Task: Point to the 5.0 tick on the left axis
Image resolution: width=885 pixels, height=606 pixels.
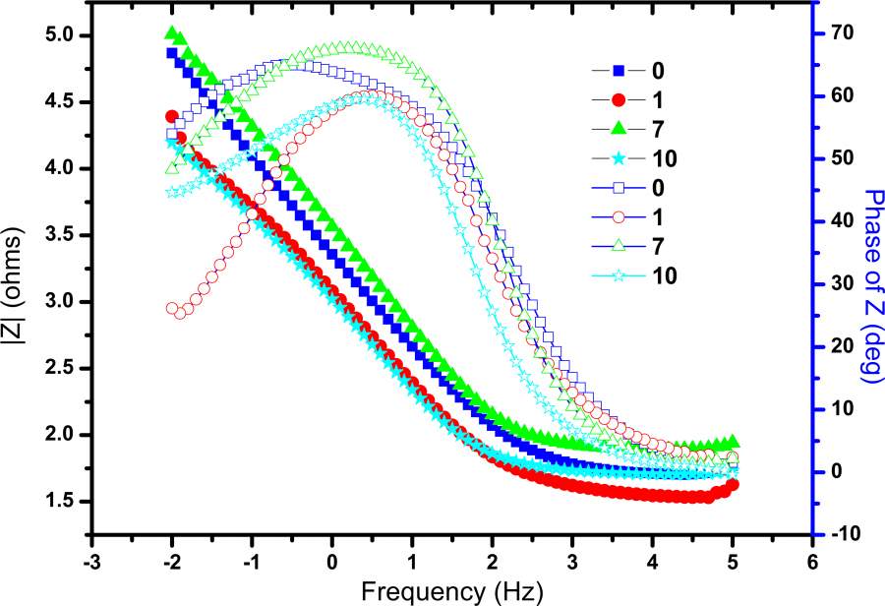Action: coord(66,36)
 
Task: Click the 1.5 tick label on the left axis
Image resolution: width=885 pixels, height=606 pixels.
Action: coord(66,502)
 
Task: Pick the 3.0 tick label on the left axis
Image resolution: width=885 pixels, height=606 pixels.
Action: coord(66,302)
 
